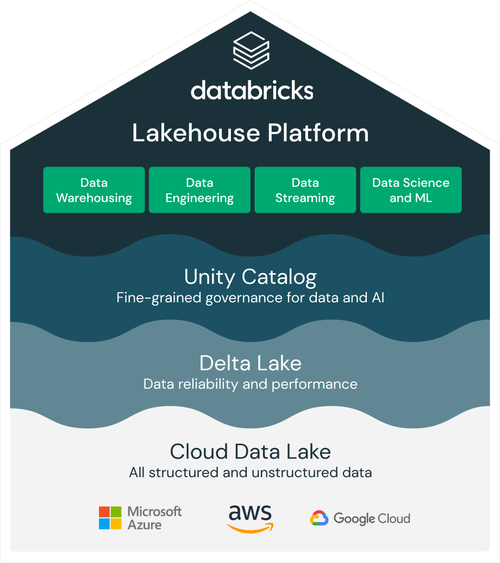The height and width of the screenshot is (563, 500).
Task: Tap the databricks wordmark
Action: (252, 91)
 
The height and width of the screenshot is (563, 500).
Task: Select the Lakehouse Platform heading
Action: (251, 133)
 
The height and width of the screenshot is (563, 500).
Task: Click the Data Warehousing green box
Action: (94, 190)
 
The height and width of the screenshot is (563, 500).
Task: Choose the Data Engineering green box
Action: (199, 190)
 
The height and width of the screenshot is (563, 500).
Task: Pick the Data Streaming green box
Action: (305, 190)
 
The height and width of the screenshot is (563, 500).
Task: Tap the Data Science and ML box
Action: (411, 190)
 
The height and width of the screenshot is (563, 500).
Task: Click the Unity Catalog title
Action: (251, 277)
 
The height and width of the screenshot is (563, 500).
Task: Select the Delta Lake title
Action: (251, 363)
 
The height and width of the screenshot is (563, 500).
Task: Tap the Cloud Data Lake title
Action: (251, 451)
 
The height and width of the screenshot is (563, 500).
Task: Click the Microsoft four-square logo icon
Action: (110, 518)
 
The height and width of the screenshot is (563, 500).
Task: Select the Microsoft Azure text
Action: (154, 518)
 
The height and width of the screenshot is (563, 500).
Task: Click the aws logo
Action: (251, 518)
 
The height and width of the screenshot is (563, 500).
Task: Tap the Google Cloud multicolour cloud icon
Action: (319, 518)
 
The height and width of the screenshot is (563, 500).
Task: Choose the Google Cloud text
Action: (372, 518)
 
